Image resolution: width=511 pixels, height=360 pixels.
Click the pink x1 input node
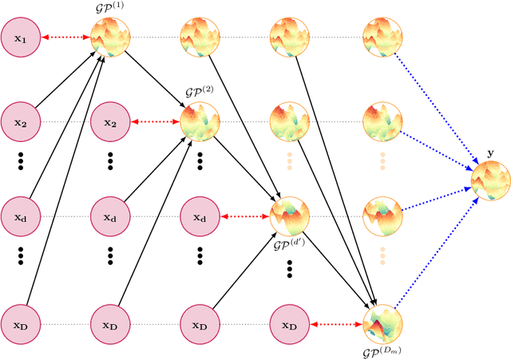click(21, 37)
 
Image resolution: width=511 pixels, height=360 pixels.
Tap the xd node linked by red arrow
click(200, 216)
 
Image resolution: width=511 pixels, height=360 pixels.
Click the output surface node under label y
click(490, 180)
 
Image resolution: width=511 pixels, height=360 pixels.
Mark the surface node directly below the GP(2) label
click(200, 122)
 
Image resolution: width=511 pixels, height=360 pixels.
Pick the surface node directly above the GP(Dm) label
click(381, 323)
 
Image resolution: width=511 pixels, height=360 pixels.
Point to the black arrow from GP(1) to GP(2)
click(155, 79)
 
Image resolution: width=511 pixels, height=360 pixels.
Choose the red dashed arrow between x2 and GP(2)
click(156, 122)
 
